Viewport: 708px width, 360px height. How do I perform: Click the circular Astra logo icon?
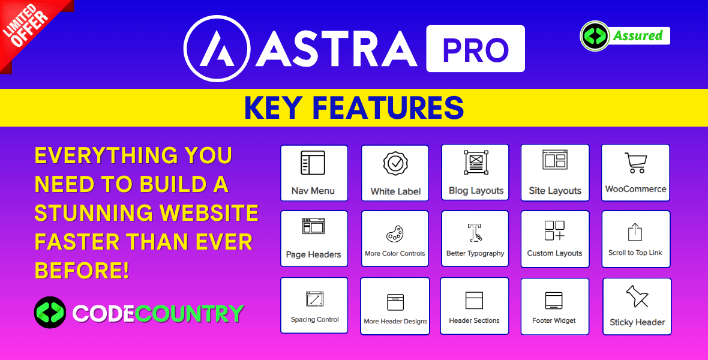tap(217, 49)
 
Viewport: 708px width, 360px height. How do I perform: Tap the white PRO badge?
tap(475, 49)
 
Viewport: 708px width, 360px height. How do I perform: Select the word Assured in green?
tap(638, 35)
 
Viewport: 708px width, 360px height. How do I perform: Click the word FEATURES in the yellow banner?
tap(388, 107)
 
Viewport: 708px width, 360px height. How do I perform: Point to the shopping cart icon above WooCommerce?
tap(636, 163)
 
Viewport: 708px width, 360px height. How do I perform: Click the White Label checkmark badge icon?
tap(395, 163)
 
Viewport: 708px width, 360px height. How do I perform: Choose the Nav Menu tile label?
tap(313, 191)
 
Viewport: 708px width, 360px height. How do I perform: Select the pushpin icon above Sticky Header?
tap(637, 296)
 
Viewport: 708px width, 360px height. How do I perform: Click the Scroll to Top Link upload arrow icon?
tap(635, 232)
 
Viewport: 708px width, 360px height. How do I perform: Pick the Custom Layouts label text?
tap(554, 253)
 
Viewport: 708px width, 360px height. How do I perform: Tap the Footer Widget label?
tap(554, 321)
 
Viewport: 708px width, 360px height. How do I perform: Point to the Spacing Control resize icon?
tap(315, 299)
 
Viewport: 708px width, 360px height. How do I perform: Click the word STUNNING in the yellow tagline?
tap(94, 213)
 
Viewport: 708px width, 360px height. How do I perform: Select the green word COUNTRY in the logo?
tap(189, 313)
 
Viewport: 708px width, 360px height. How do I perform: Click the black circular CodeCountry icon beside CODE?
tap(50, 312)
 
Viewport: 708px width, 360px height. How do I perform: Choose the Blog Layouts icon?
tap(476, 162)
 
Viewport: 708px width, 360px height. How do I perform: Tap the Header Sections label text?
tap(474, 321)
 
